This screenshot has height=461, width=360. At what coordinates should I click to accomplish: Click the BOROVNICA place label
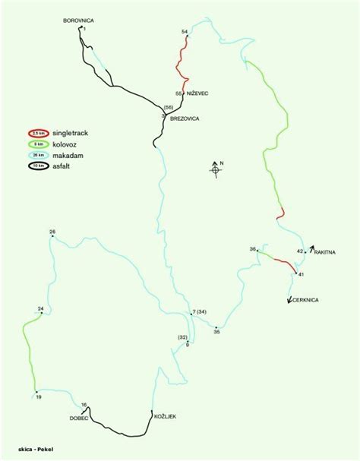coord(77,22)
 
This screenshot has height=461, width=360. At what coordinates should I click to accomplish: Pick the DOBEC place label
coord(79,418)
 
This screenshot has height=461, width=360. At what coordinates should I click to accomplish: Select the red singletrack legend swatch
coord(33,132)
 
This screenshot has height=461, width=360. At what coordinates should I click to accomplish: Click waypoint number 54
coord(185,31)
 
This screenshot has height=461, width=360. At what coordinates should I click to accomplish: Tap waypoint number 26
coord(52,232)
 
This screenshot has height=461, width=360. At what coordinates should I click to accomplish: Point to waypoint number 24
coord(41,308)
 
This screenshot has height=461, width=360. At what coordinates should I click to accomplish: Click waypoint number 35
coord(216,331)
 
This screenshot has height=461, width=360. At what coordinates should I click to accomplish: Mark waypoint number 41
coord(301,273)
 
